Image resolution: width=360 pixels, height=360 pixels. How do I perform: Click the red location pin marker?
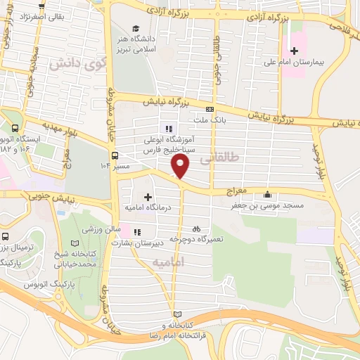click(181, 166)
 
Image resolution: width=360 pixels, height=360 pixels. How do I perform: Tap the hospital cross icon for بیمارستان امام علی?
click(294, 51)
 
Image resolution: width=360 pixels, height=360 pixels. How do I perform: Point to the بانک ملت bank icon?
click(210, 109)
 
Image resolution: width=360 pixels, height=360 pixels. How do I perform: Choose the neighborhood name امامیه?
click(169, 261)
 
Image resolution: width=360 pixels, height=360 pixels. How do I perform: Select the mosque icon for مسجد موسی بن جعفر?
click(266, 195)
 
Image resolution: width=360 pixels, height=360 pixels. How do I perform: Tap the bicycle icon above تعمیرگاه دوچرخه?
click(197, 228)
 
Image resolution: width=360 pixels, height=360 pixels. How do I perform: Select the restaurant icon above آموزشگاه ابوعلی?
click(167, 129)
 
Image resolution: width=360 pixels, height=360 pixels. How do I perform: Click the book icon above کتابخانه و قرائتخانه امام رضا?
click(176, 314)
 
